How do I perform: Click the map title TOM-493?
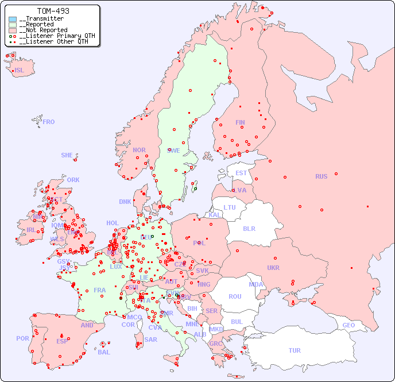(x=53, y=11)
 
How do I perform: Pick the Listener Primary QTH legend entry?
(x=52, y=36)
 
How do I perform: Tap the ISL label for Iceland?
(x=19, y=71)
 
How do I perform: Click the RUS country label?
(x=321, y=176)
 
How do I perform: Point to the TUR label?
(x=295, y=350)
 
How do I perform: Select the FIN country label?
(x=240, y=122)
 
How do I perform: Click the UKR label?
(x=273, y=268)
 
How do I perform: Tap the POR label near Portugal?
(x=22, y=338)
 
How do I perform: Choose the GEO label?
(x=348, y=325)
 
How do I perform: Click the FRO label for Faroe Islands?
(x=49, y=122)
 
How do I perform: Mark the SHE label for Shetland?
(x=67, y=155)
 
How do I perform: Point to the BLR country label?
(x=249, y=228)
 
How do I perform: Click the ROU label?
(x=235, y=296)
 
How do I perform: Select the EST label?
(x=241, y=173)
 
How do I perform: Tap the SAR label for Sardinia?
(x=150, y=339)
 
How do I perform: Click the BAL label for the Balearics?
(x=104, y=352)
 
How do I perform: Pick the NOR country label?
(x=139, y=150)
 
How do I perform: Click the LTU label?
(x=230, y=207)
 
